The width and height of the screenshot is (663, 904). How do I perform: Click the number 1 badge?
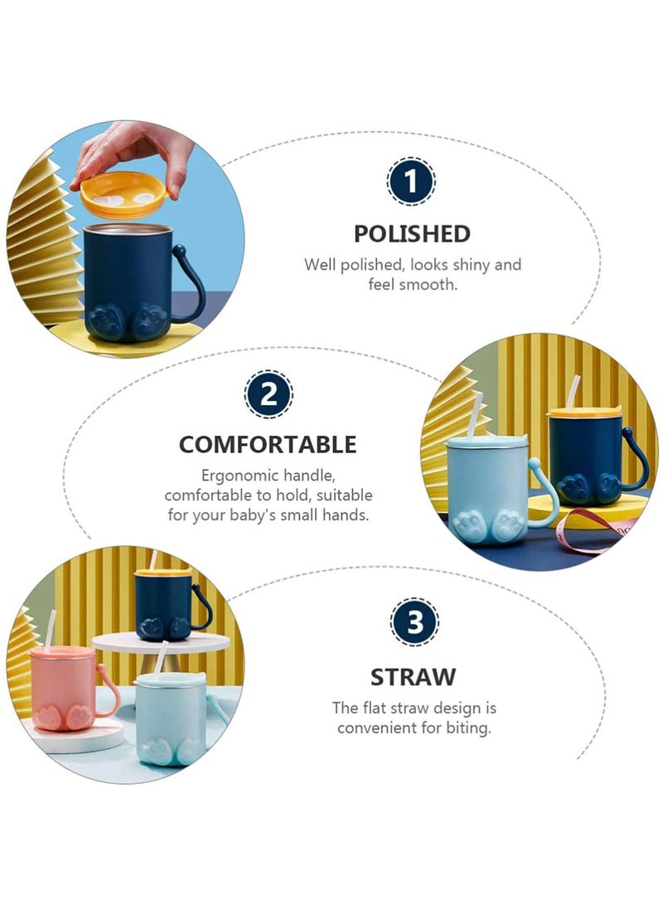coord(410,181)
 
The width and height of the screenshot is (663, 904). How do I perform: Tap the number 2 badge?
coord(269,394)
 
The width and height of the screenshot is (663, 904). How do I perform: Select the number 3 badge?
coord(414,622)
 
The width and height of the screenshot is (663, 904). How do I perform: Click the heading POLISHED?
coord(412,234)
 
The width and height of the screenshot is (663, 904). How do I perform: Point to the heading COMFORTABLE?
coord(268,444)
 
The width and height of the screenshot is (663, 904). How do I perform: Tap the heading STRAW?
coord(413,677)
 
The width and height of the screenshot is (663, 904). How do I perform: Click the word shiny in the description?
coord(472,264)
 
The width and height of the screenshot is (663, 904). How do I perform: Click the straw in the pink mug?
coord(51,629)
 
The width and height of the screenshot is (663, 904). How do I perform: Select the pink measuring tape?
coord(594,528)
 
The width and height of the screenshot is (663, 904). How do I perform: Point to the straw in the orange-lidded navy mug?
coord(572,393)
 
